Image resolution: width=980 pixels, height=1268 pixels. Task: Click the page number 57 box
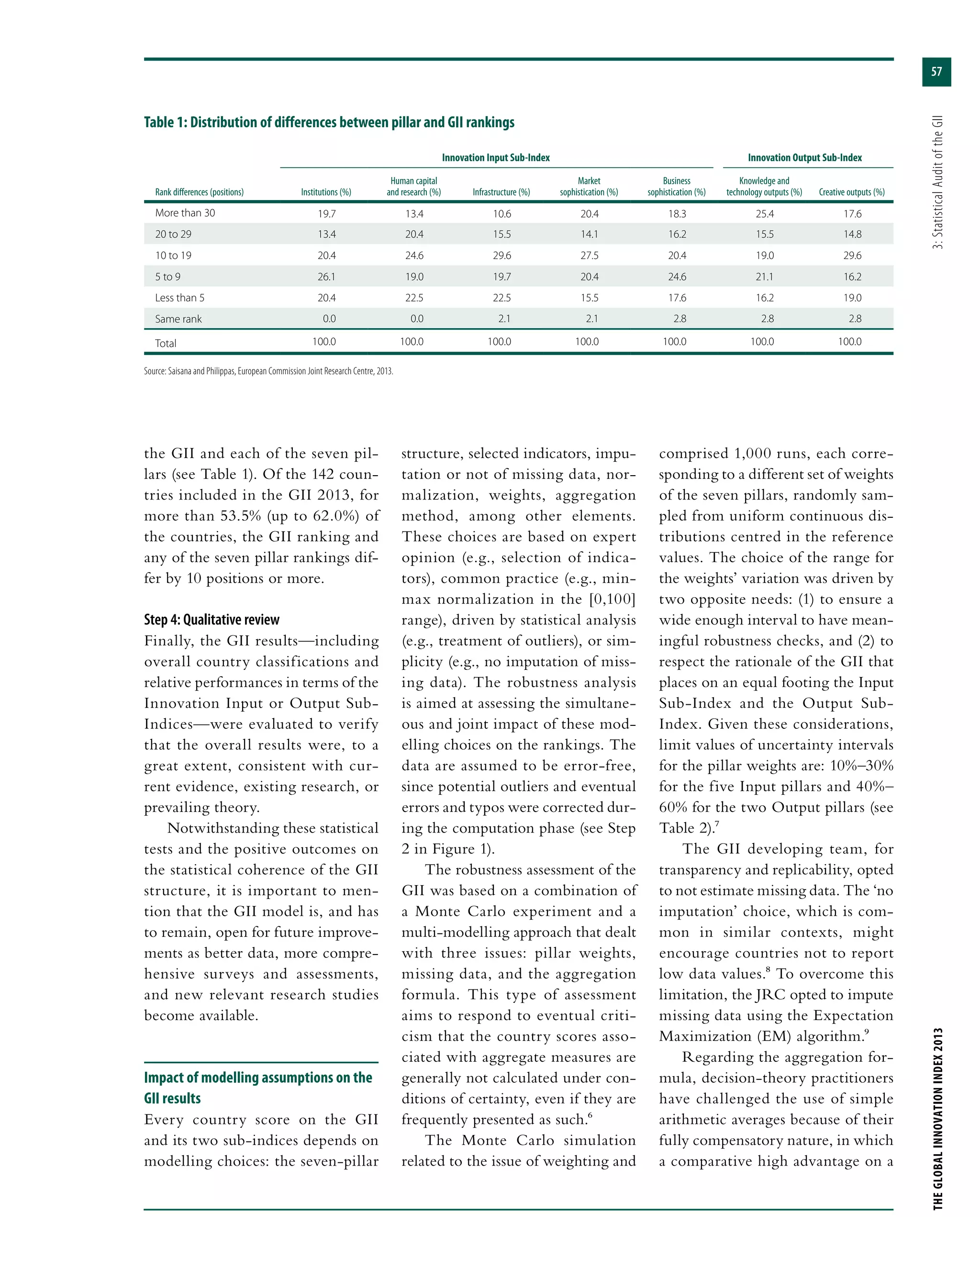[x=936, y=72]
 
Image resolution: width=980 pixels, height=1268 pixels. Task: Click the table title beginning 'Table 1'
[x=329, y=122]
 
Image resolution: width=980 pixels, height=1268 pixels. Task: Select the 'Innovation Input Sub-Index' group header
[x=495, y=158]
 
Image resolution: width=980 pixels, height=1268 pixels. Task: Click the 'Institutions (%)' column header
[x=326, y=192]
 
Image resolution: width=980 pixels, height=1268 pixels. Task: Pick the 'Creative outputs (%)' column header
[x=851, y=192]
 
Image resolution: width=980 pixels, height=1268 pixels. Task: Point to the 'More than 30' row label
[x=185, y=213]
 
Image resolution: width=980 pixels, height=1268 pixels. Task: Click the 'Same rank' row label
[x=178, y=319]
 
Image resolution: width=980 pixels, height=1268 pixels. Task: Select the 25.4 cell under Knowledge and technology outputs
[x=764, y=214]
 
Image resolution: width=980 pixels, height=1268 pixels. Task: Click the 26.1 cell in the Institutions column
[x=326, y=277]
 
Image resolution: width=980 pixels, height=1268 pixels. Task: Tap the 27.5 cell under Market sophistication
[x=589, y=256]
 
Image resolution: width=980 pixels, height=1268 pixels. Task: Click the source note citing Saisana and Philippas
[x=268, y=371]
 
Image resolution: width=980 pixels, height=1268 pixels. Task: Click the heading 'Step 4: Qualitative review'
[x=212, y=620]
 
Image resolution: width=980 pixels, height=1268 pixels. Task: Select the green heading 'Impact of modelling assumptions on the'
[x=258, y=1078]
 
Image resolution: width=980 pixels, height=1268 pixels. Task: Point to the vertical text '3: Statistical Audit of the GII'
[x=937, y=182]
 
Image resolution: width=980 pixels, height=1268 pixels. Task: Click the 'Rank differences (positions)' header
[x=199, y=192]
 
